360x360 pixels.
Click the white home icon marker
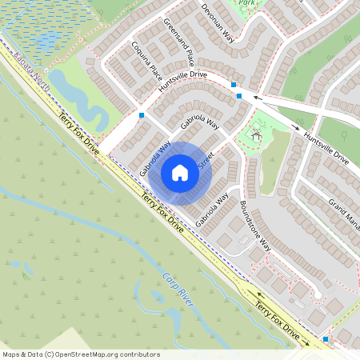tap(180, 172)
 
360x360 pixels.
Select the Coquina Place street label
tap(146, 58)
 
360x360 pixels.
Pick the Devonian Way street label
tap(217, 26)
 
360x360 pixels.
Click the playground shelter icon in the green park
tap(256, 136)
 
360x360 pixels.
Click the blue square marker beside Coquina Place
tap(141, 115)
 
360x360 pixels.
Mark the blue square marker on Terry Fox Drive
tap(326, 339)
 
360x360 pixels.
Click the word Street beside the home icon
tap(206, 163)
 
